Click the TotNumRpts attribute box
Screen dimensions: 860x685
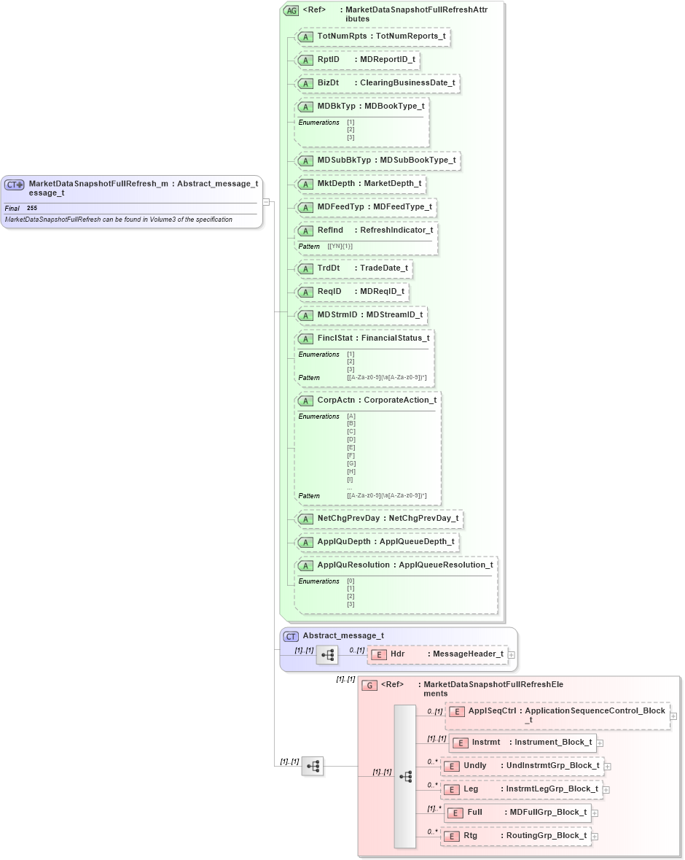tap(372, 36)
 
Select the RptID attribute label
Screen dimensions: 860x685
tap(329, 60)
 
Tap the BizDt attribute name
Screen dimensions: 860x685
tap(328, 83)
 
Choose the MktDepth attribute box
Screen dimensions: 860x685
tap(360, 184)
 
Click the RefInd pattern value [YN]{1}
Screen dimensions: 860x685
tap(340, 247)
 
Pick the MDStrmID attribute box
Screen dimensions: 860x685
tap(361, 315)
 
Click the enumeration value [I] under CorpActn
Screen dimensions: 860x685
tap(351, 479)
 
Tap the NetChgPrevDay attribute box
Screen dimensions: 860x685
tap(379, 519)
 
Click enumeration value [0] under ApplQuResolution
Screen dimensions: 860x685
tap(351, 581)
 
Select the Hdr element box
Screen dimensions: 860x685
tap(437, 654)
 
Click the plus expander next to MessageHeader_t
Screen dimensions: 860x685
tap(512, 655)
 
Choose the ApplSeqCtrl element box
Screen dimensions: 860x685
tap(557, 716)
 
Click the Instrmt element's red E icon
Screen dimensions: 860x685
tap(460, 743)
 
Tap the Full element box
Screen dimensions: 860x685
tap(517, 813)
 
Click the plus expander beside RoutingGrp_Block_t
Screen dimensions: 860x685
tap(595, 836)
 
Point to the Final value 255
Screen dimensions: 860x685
tap(32, 209)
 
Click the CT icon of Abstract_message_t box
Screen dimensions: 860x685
tap(291, 636)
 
